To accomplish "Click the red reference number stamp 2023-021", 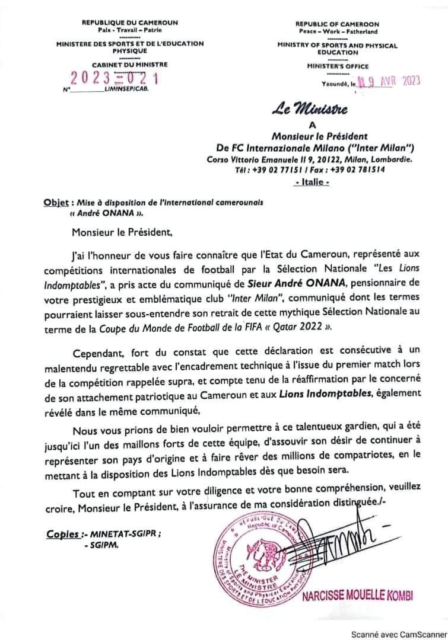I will [x=115, y=78].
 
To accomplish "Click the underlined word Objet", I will [x=56, y=202].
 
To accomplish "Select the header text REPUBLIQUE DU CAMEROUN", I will [x=129, y=23].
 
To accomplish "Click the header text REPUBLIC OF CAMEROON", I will [x=337, y=24].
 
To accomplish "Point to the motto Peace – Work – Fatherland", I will [x=337, y=31].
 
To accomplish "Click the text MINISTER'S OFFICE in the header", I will [x=337, y=66].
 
